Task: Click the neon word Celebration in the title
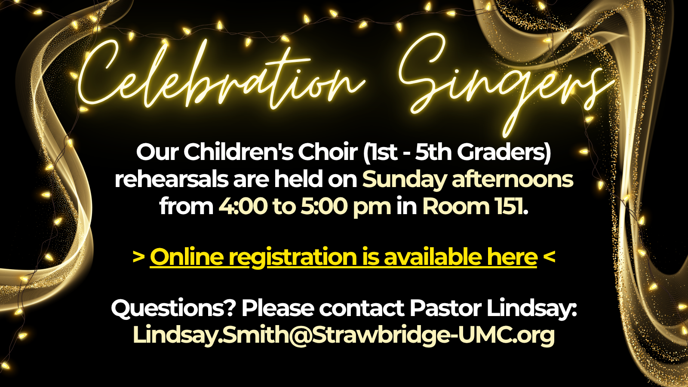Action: pos(221,78)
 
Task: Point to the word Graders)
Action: pos(504,153)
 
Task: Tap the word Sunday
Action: pos(404,180)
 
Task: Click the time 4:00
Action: pos(243,206)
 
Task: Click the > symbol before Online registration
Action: pos(138,257)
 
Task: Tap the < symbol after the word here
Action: pos(549,257)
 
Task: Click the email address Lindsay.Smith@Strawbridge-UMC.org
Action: pos(344,335)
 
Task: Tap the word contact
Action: pos(362,308)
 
